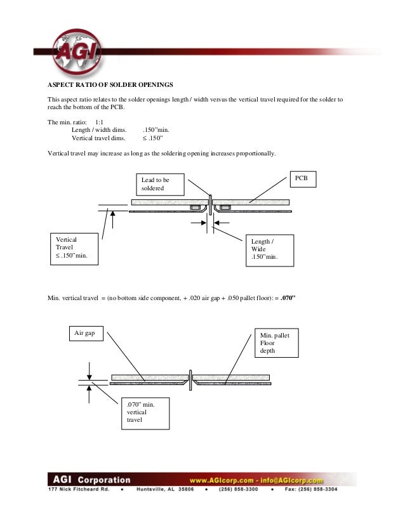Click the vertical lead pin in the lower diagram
click(x=190, y=379)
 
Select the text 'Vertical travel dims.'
click(x=98, y=137)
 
